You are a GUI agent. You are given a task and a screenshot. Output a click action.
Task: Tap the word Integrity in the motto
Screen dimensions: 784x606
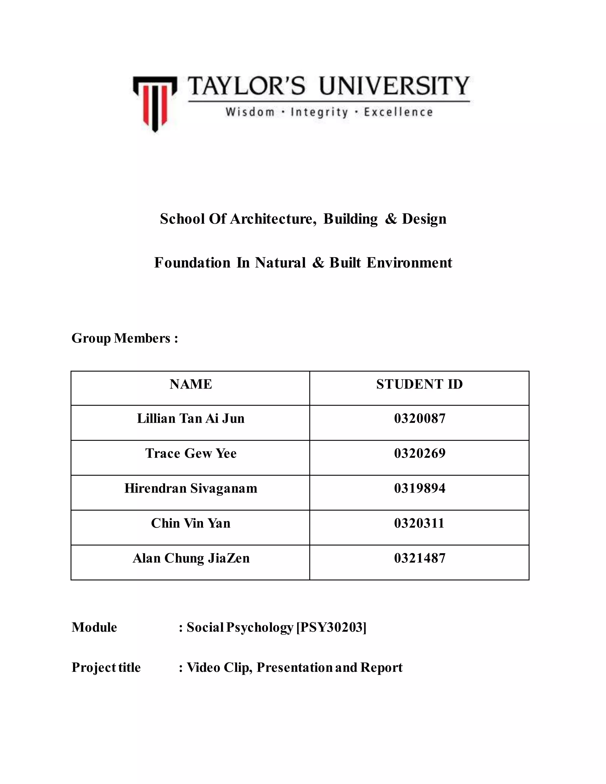(x=319, y=112)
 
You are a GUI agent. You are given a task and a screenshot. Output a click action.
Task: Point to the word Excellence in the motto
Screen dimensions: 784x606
(x=398, y=112)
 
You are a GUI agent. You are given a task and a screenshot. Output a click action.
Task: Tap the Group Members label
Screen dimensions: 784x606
(x=125, y=338)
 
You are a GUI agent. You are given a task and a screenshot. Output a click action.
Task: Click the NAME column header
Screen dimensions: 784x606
(x=191, y=385)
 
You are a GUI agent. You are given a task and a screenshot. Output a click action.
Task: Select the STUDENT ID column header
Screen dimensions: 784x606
(x=419, y=385)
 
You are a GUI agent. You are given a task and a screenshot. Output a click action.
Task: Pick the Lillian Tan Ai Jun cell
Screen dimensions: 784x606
(x=191, y=419)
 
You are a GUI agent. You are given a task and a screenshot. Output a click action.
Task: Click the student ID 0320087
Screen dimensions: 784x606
(x=419, y=419)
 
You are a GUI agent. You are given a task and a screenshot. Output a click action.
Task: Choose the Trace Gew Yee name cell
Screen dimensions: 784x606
(x=191, y=453)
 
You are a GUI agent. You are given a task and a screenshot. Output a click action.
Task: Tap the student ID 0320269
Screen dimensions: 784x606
(x=419, y=453)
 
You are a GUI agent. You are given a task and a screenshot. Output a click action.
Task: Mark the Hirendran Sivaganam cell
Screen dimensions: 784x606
(x=191, y=488)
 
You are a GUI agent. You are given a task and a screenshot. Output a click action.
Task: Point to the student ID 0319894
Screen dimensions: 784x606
(x=419, y=488)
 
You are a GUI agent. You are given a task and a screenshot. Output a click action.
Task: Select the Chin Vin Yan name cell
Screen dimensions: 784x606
(x=191, y=523)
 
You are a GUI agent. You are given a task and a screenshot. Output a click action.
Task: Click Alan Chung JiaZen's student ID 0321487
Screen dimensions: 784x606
(x=419, y=558)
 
